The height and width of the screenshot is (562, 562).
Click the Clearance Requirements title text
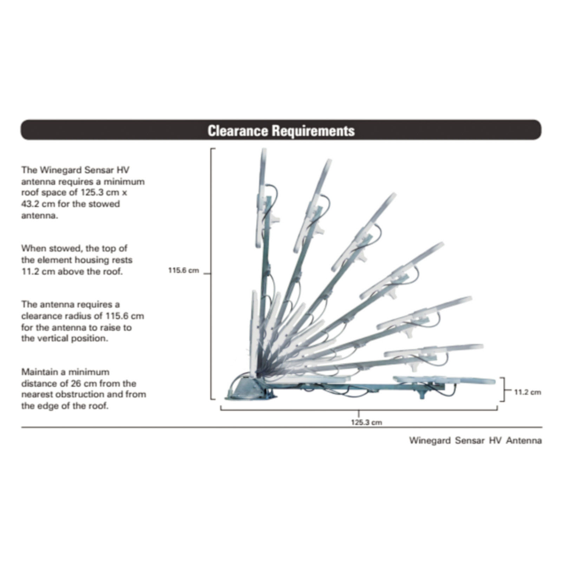pyautogui.click(x=281, y=131)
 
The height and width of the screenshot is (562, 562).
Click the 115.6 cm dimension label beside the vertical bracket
pyautogui.click(x=183, y=270)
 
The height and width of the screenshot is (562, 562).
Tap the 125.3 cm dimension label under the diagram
pyautogui.click(x=366, y=422)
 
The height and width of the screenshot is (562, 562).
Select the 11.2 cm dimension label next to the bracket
pyautogui.click(x=528, y=392)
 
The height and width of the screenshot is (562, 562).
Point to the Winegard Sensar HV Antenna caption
pyautogui.click(x=475, y=440)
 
